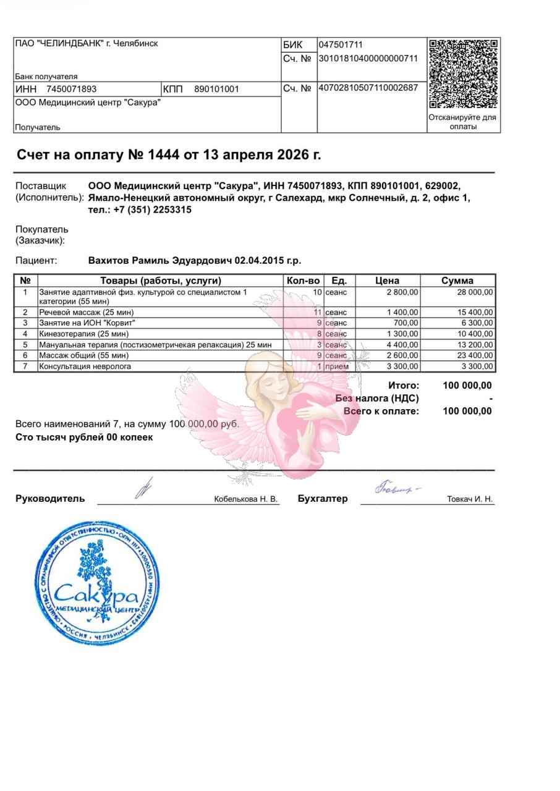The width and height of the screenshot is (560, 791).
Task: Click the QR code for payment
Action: tap(463, 74)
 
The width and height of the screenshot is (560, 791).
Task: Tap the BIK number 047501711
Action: tap(341, 44)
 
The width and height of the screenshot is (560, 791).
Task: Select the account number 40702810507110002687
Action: tap(368, 88)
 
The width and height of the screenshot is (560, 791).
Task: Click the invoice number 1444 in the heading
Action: tap(163, 154)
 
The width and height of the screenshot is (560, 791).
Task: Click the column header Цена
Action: tap(388, 281)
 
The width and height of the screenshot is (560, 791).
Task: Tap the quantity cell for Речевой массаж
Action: tap(318, 313)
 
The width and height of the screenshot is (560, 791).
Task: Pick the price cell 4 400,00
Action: tap(402, 345)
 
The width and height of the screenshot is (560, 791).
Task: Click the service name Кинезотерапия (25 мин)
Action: tap(83, 334)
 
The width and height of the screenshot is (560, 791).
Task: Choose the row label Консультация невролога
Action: tap(85, 366)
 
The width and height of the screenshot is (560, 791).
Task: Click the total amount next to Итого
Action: tap(467, 386)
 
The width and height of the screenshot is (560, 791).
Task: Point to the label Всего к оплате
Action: tap(381, 411)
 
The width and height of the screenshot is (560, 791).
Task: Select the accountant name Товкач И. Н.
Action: tap(470, 499)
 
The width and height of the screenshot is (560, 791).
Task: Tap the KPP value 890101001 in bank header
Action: tap(216, 89)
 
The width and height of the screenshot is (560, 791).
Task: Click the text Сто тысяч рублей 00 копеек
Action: tap(84, 438)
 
